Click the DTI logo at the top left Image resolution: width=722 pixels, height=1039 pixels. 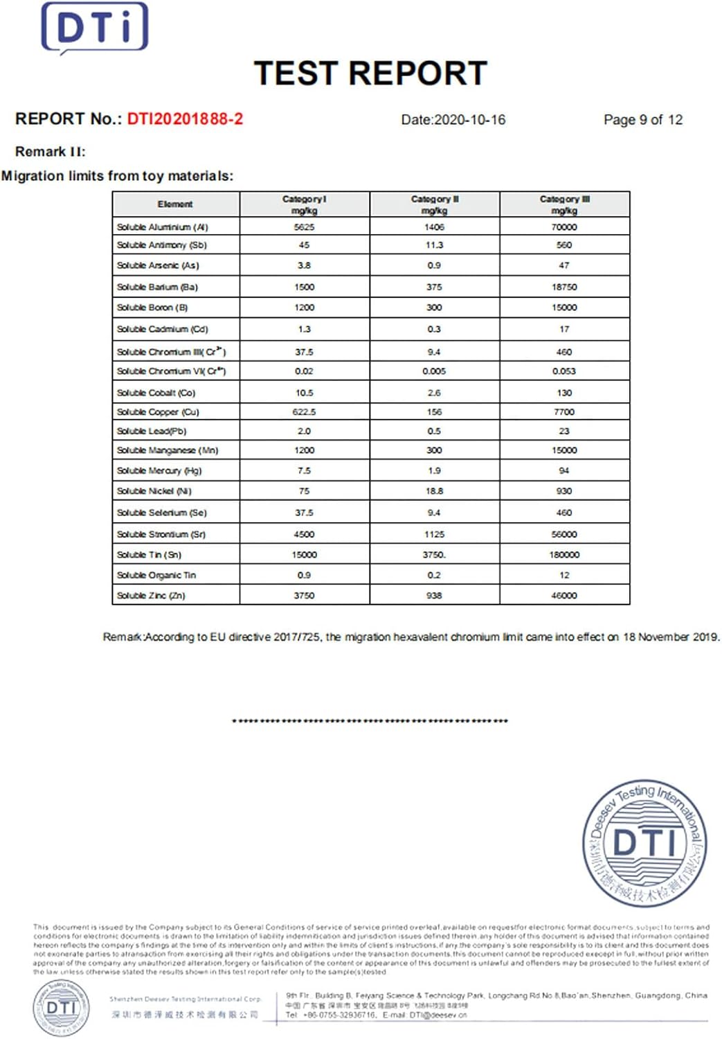(x=95, y=28)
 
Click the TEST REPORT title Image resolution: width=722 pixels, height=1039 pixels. (x=370, y=73)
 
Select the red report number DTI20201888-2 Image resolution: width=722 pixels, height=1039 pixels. (x=185, y=119)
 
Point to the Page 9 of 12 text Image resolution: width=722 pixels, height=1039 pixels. (x=642, y=120)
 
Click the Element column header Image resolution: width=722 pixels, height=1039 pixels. (x=175, y=204)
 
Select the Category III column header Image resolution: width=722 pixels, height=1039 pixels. (x=564, y=204)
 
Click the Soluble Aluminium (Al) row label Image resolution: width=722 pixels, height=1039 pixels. (x=162, y=227)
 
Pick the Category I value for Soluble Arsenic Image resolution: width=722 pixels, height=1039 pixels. (x=304, y=265)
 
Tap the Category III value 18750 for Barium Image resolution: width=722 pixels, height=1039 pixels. (x=564, y=287)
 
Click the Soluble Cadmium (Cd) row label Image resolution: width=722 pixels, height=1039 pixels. (x=162, y=329)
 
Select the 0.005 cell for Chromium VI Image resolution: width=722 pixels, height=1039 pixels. (x=434, y=371)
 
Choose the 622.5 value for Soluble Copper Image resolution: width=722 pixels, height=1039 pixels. (x=304, y=412)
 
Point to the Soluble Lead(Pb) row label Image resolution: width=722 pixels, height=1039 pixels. (x=152, y=431)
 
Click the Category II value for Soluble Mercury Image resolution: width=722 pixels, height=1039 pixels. (x=434, y=471)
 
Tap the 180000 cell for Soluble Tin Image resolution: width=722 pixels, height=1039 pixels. (x=564, y=555)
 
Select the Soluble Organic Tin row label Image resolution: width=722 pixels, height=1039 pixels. (x=156, y=575)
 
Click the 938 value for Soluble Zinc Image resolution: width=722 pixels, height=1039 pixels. (x=434, y=596)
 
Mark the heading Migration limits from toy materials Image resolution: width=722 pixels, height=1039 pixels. (x=118, y=176)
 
